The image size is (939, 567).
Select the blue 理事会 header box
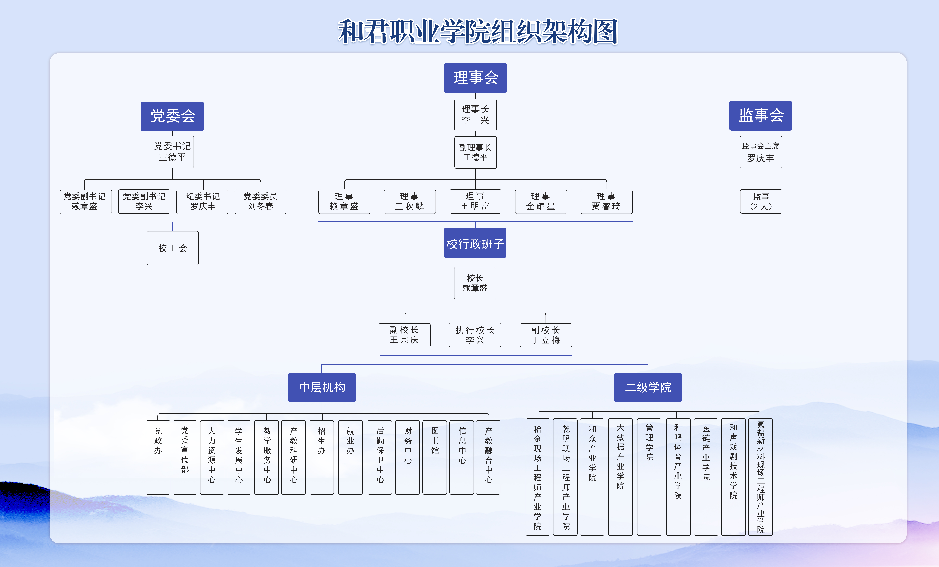coord(475,78)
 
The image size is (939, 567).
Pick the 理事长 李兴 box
coord(475,115)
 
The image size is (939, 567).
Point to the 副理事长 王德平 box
coord(475,152)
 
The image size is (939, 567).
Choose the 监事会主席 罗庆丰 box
coord(761,152)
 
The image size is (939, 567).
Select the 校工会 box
coord(173,248)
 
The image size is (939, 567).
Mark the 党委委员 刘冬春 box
coord(260,201)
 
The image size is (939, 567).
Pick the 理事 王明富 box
coord(475,201)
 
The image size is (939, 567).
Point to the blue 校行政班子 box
coord(475,243)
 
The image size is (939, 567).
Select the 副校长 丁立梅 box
coord(546,335)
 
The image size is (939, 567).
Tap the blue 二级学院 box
coord(648,387)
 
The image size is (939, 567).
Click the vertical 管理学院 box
coord(649,477)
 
